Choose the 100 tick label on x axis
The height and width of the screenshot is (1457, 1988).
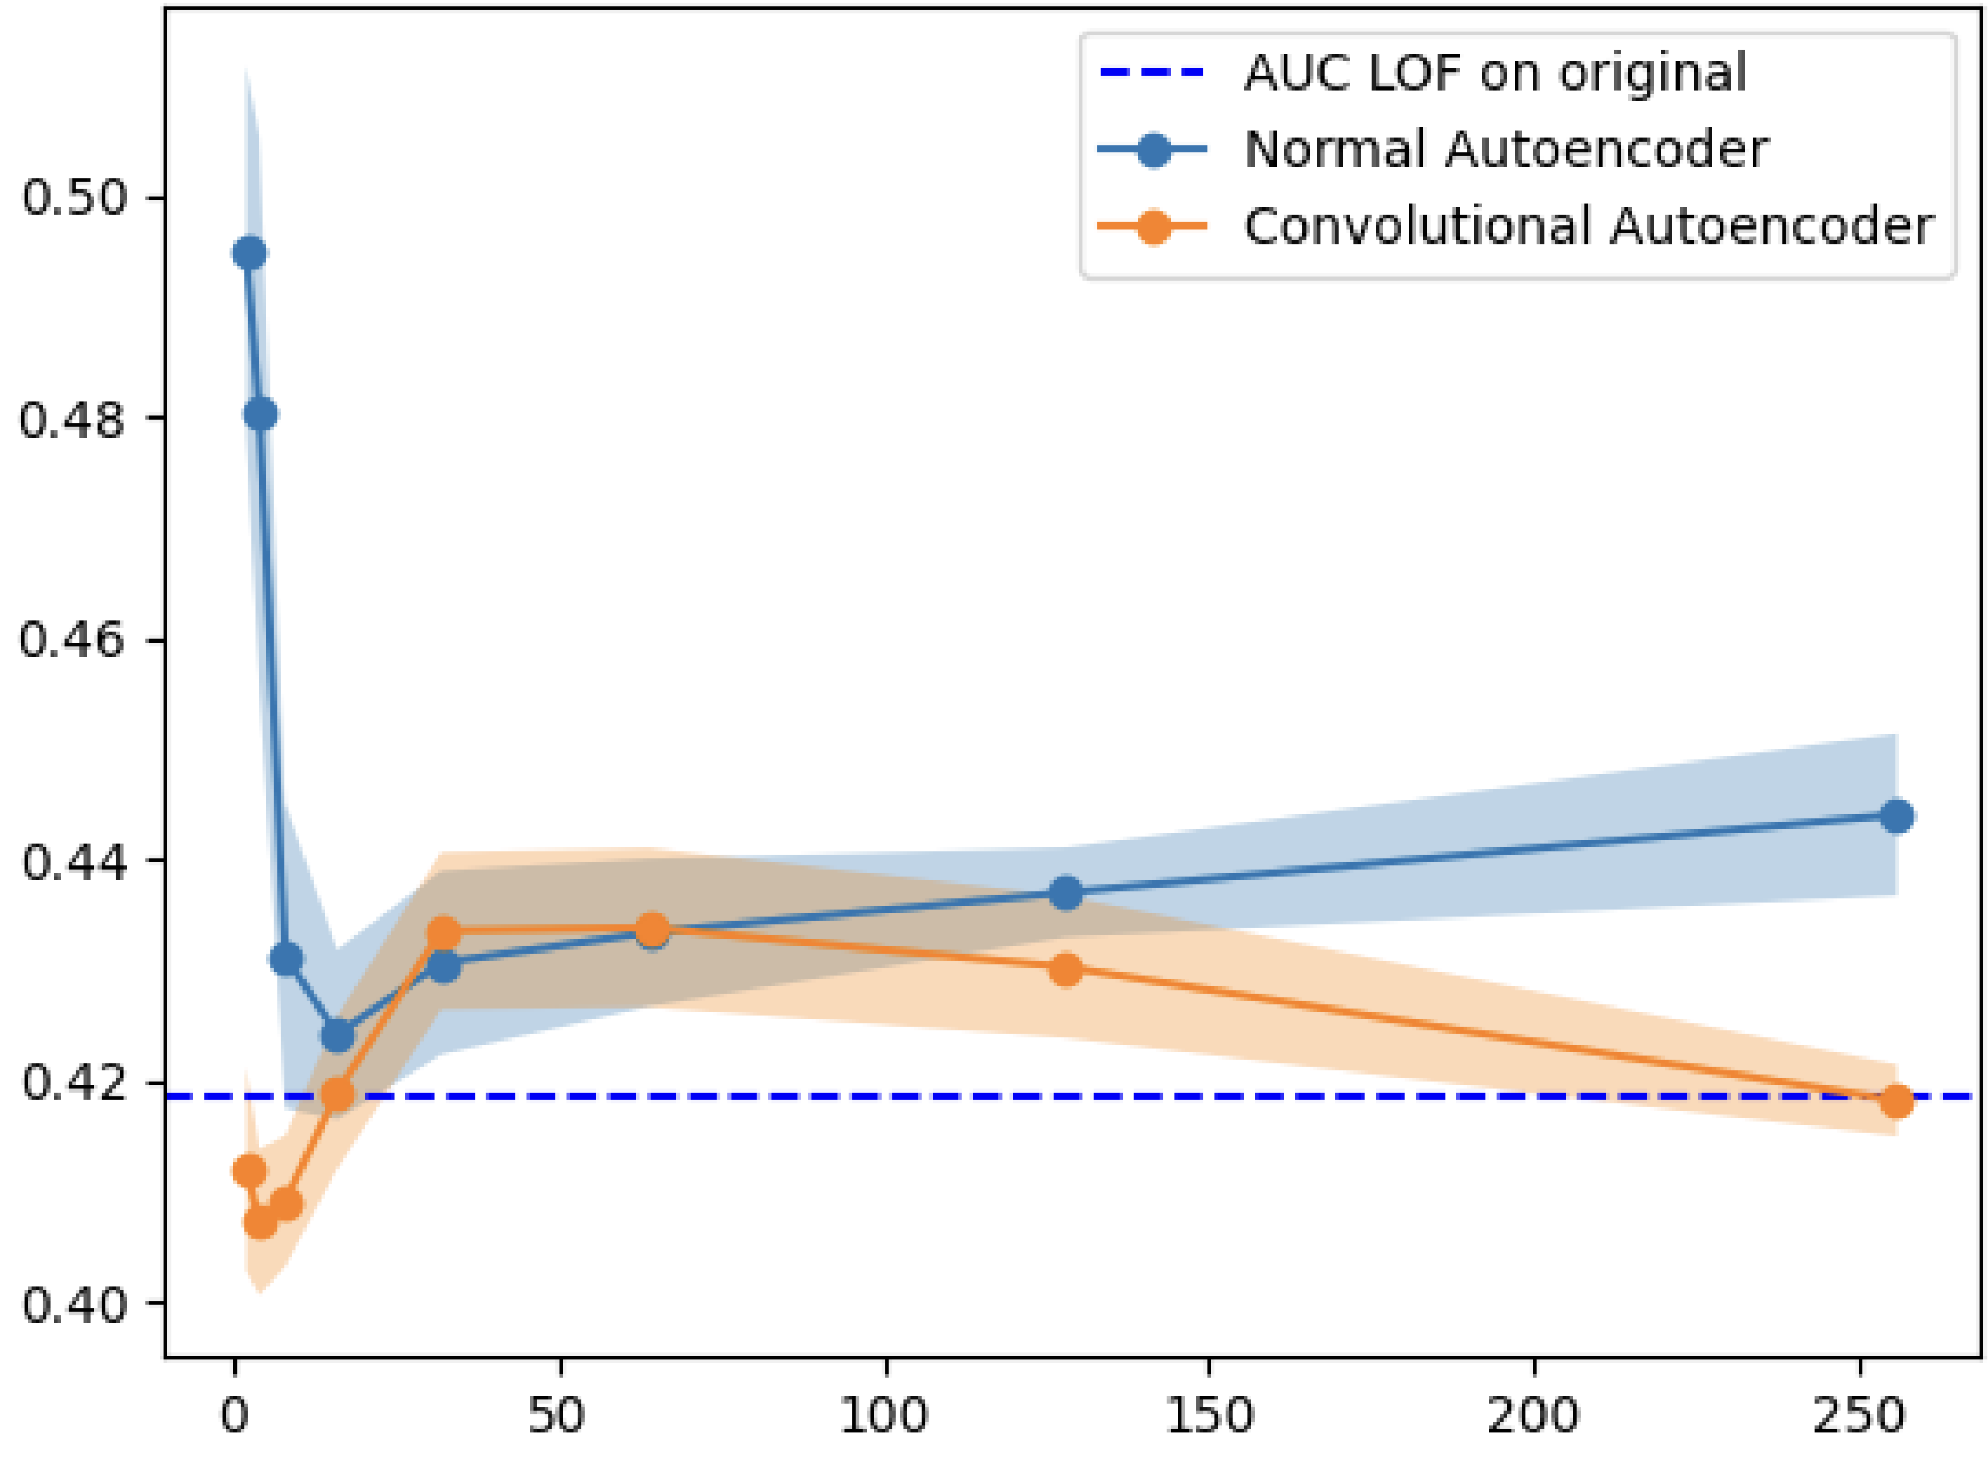[884, 1416]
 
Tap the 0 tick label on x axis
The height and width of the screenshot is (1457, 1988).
[234, 1416]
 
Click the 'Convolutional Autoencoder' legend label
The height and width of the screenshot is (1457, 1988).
[1588, 226]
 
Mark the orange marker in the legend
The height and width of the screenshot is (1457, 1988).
[1153, 227]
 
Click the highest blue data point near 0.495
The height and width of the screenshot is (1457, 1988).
[250, 254]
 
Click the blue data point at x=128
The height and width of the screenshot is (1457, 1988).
[1066, 893]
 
